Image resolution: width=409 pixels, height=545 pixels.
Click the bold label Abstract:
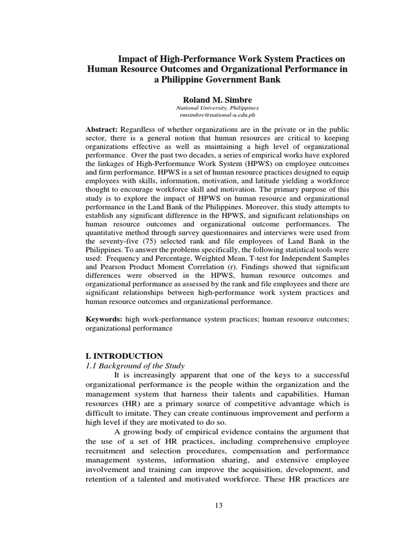click(102, 129)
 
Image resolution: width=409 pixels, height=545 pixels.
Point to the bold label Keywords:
click(104, 319)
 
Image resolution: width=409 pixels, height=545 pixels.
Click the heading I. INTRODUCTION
click(124, 356)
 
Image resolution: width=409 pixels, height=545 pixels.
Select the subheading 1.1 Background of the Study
click(135, 365)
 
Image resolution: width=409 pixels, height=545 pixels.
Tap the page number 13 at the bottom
click(218, 505)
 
